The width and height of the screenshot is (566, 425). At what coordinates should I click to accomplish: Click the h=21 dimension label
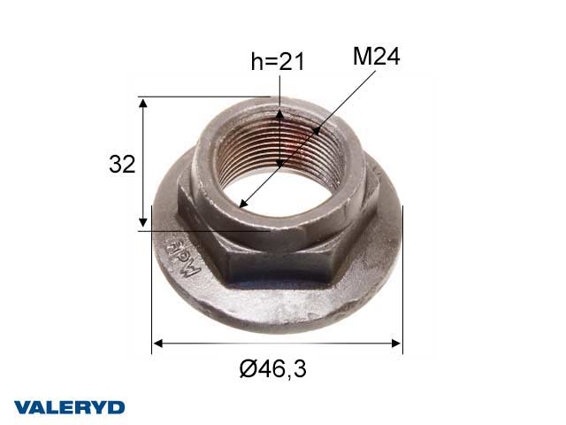[x=279, y=61]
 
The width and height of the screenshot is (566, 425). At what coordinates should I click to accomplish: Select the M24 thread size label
[x=377, y=58]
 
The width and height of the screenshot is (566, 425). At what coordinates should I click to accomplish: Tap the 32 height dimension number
[x=121, y=164]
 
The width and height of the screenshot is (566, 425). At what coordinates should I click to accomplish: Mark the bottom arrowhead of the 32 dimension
[x=142, y=225]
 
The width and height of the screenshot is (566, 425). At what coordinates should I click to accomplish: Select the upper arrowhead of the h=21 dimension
[x=279, y=112]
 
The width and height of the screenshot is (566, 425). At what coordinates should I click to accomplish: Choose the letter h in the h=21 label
[x=256, y=61]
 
